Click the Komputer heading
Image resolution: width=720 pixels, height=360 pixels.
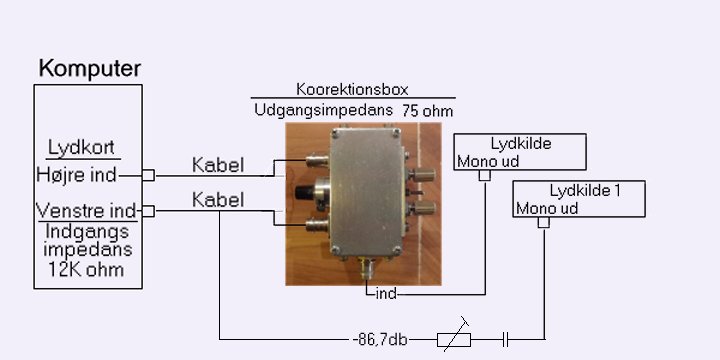coord(90,69)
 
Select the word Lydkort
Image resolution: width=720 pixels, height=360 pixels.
coord(81,148)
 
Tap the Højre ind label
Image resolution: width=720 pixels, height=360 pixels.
coord(76,175)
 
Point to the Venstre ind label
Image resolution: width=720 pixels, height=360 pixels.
coord(86,211)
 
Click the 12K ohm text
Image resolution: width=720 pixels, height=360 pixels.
coord(86,269)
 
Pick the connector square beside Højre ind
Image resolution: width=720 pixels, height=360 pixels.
coord(148,175)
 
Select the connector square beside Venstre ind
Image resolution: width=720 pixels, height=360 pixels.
coord(148,211)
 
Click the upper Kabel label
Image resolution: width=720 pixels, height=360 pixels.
coord(218,165)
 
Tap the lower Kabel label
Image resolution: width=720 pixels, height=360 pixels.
coord(218,200)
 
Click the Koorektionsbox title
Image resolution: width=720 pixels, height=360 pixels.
coord(352,89)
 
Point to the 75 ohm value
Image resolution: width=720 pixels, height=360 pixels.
coord(428,112)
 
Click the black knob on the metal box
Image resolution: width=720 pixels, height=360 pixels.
coord(304,192)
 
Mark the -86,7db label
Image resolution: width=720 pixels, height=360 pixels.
coord(380,340)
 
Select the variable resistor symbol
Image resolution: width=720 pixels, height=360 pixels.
coord(454,340)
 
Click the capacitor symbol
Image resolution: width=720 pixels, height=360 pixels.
coord(506,340)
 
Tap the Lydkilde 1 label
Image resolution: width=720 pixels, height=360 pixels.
coord(585,191)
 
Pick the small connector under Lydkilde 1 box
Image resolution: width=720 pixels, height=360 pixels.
coord(544,223)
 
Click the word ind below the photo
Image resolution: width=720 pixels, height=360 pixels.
coord(386,293)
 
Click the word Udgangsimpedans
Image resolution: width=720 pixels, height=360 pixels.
coord(324,110)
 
